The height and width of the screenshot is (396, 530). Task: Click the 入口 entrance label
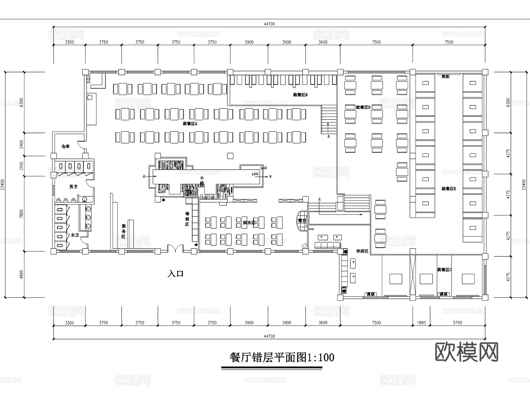pos(175,274)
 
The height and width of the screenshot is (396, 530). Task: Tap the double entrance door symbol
pos(175,249)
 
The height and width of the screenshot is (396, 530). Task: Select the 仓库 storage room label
pos(65,146)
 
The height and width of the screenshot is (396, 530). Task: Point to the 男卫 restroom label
pos(73,187)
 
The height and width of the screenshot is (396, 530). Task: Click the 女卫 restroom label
pos(75,235)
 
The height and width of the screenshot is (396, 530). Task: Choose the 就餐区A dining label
pos(190,124)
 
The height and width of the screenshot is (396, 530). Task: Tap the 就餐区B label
pos(300,95)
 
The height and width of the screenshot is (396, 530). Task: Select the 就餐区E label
pos(449,189)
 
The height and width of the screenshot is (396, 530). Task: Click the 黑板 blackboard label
pos(445,77)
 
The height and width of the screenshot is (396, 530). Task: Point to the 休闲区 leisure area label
pos(362,251)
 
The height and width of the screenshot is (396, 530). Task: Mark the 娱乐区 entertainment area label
pos(249,223)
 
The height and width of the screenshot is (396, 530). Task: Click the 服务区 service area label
pos(124,231)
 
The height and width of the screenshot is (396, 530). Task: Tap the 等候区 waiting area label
pos(187,219)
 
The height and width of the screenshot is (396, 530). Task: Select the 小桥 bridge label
pos(202,181)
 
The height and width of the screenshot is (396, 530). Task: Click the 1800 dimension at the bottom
pos(421,323)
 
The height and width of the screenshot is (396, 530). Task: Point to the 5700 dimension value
pos(457,323)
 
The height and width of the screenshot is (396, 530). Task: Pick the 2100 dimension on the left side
pos(21,166)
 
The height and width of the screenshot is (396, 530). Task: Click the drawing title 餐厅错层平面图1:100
pos(282,357)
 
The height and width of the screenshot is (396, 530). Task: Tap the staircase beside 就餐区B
pos(329,120)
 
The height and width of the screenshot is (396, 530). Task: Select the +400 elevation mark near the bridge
pos(255,174)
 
